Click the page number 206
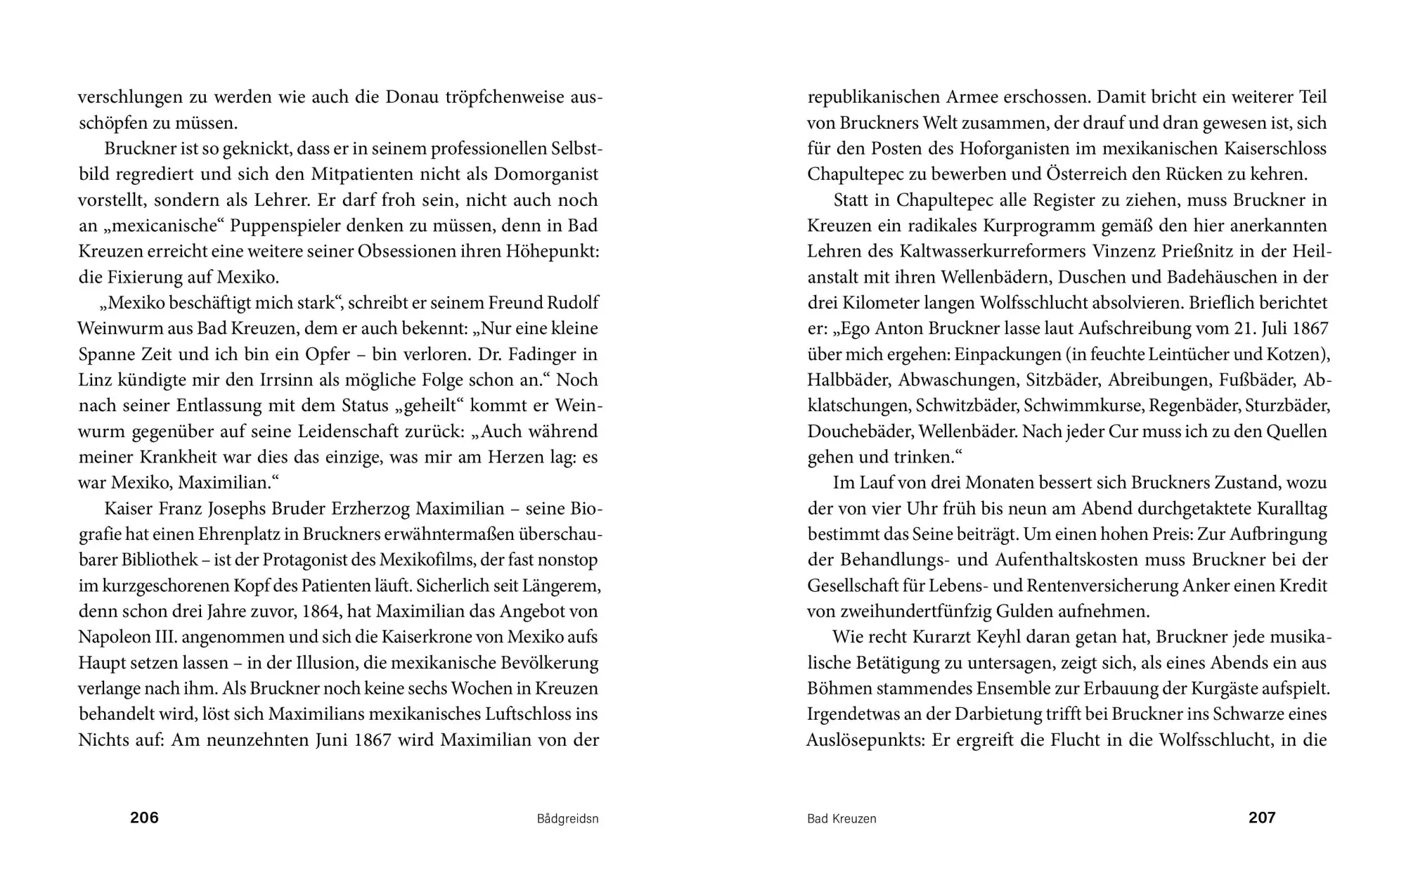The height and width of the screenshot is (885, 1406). (144, 818)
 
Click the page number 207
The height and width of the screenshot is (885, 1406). (1262, 818)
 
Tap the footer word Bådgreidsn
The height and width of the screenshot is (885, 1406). (567, 819)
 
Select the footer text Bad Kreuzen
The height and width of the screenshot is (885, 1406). (841, 819)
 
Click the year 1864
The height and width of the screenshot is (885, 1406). (340, 612)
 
